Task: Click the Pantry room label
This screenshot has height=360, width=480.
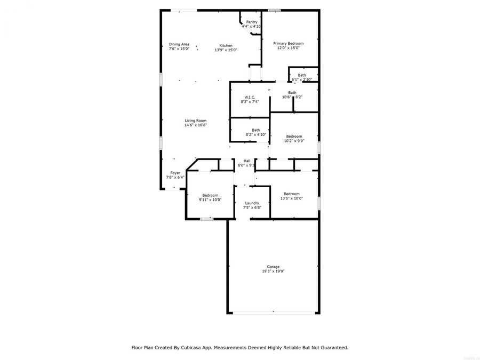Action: (251, 22)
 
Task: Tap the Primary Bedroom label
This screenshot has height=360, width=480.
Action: (288, 43)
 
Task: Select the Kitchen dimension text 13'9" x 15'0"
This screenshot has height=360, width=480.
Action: (226, 50)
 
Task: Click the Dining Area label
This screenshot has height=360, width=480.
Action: (179, 44)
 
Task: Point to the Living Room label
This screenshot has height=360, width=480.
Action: (195, 121)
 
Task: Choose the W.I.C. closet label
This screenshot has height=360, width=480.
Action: (250, 97)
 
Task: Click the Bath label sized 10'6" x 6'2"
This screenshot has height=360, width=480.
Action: (292, 92)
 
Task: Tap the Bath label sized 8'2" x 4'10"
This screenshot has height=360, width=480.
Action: (256, 130)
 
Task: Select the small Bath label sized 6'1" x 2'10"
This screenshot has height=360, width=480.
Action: (302, 75)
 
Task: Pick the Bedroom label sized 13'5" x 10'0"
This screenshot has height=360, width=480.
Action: (291, 194)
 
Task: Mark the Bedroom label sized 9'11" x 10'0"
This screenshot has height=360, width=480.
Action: (210, 195)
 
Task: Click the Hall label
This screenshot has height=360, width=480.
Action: (247, 161)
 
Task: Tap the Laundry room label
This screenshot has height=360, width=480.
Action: (252, 203)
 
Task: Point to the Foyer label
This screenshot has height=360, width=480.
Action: (175, 173)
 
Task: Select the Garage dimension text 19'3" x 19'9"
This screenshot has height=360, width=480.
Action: (273, 271)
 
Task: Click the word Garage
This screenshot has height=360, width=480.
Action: (273, 267)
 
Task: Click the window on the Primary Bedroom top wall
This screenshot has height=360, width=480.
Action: (274, 10)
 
